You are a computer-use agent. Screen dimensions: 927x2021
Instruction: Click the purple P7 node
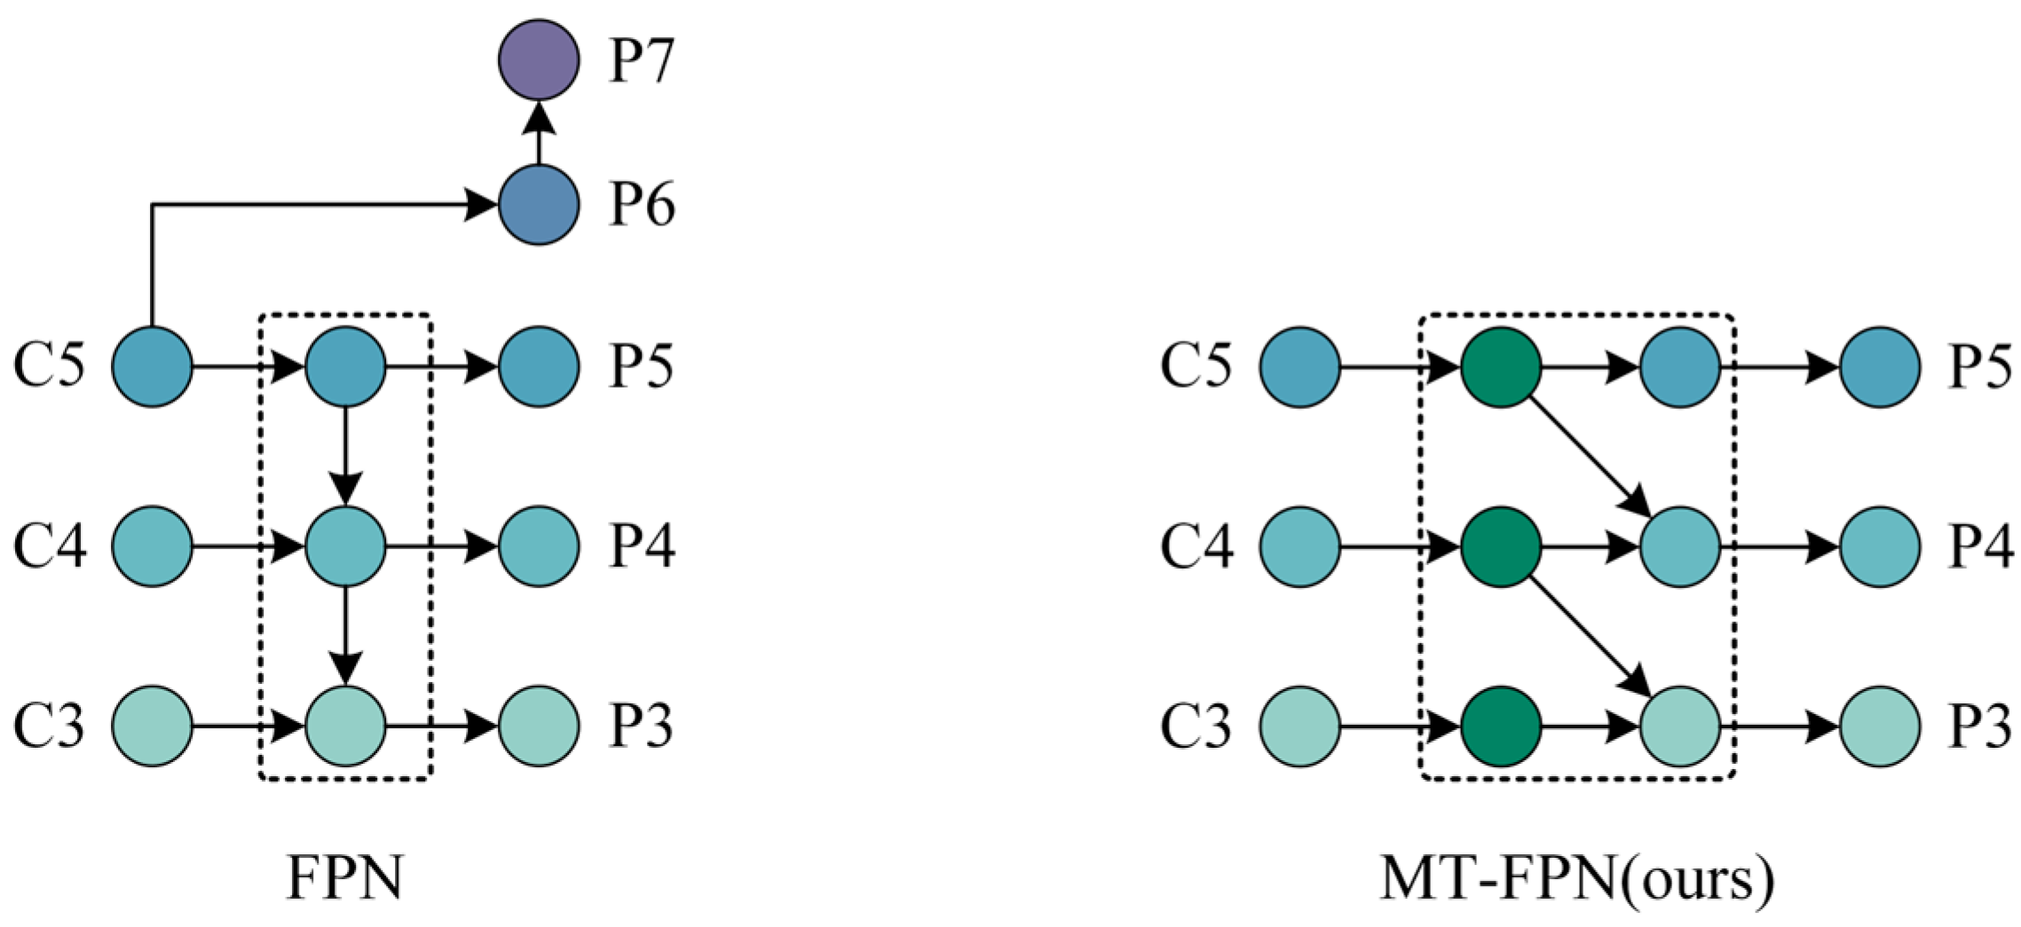click(538, 59)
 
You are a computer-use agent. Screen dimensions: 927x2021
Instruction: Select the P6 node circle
click(538, 205)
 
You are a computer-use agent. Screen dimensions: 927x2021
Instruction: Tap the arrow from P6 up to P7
click(538, 133)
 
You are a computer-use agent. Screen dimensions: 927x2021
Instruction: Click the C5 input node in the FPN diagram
click(152, 366)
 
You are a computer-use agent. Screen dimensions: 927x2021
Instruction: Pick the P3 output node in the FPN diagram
click(538, 726)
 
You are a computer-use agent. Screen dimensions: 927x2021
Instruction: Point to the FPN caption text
click(345, 878)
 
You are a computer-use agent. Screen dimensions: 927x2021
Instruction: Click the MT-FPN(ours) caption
click(1577, 878)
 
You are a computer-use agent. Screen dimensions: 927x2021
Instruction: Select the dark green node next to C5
click(1500, 366)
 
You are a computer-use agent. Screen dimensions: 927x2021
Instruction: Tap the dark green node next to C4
click(1500, 546)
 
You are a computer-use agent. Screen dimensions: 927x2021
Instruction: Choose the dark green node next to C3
click(1500, 726)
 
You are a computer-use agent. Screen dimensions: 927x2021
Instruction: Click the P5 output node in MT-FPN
click(1880, 366)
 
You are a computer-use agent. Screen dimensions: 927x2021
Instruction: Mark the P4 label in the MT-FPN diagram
click(1980, 546)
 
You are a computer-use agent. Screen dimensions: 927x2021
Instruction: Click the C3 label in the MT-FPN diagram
click(1196, 726)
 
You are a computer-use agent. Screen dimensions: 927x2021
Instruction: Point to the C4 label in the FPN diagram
click(50, 546)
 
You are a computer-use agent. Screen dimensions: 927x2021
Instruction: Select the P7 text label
click(642, 60)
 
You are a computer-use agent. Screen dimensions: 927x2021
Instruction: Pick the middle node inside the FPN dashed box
click(345, 546)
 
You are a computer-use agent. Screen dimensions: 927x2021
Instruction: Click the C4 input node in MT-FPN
click(1299, 546)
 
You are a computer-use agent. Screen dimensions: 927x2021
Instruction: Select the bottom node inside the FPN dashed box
click(345, 726)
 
